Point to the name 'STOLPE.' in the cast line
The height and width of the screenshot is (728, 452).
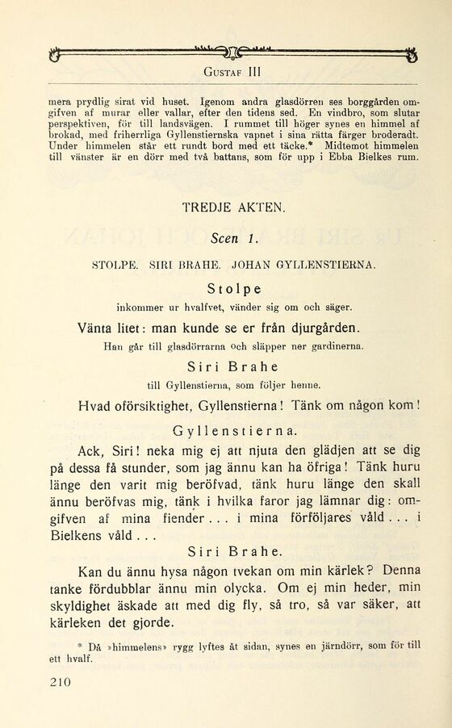pos(117,264)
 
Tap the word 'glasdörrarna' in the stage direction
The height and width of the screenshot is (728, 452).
pos(197,347)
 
